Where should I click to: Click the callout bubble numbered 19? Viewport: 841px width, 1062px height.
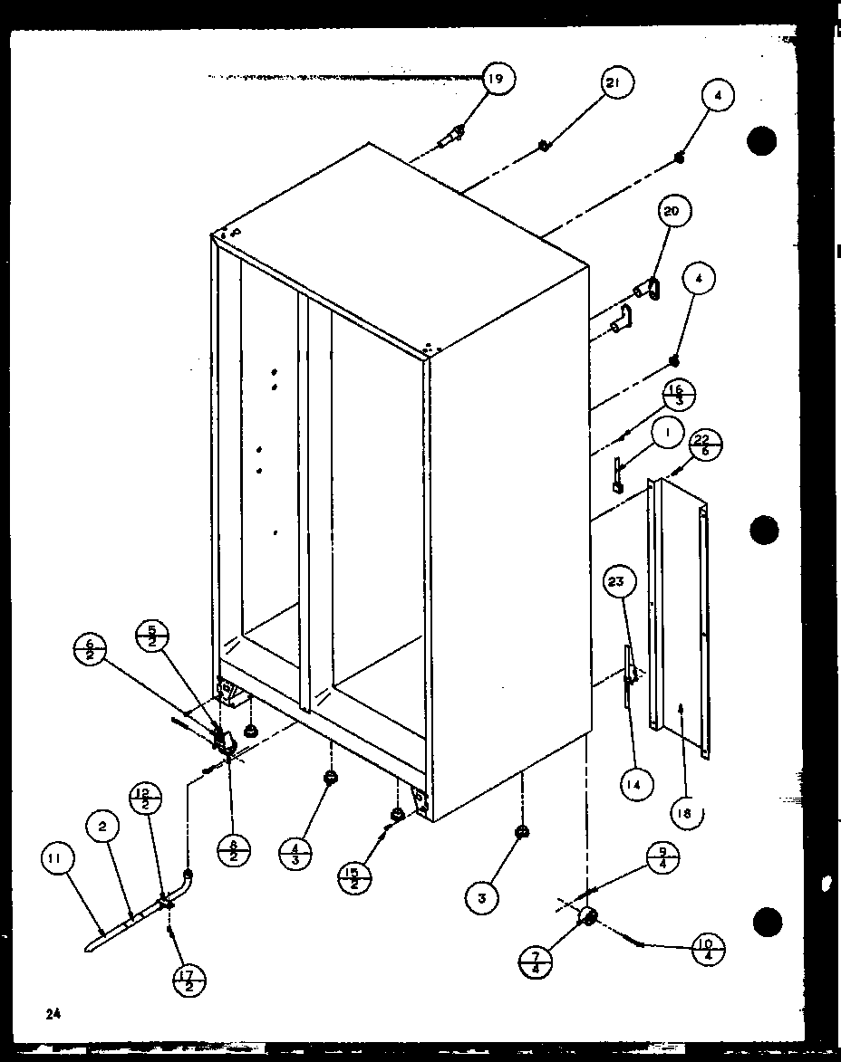coord(495,80)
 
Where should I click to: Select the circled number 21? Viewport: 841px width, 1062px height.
coord(614,84)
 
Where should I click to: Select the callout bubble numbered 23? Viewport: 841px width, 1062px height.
coord(617,583)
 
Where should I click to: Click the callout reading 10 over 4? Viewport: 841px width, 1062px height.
coord(706,948)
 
